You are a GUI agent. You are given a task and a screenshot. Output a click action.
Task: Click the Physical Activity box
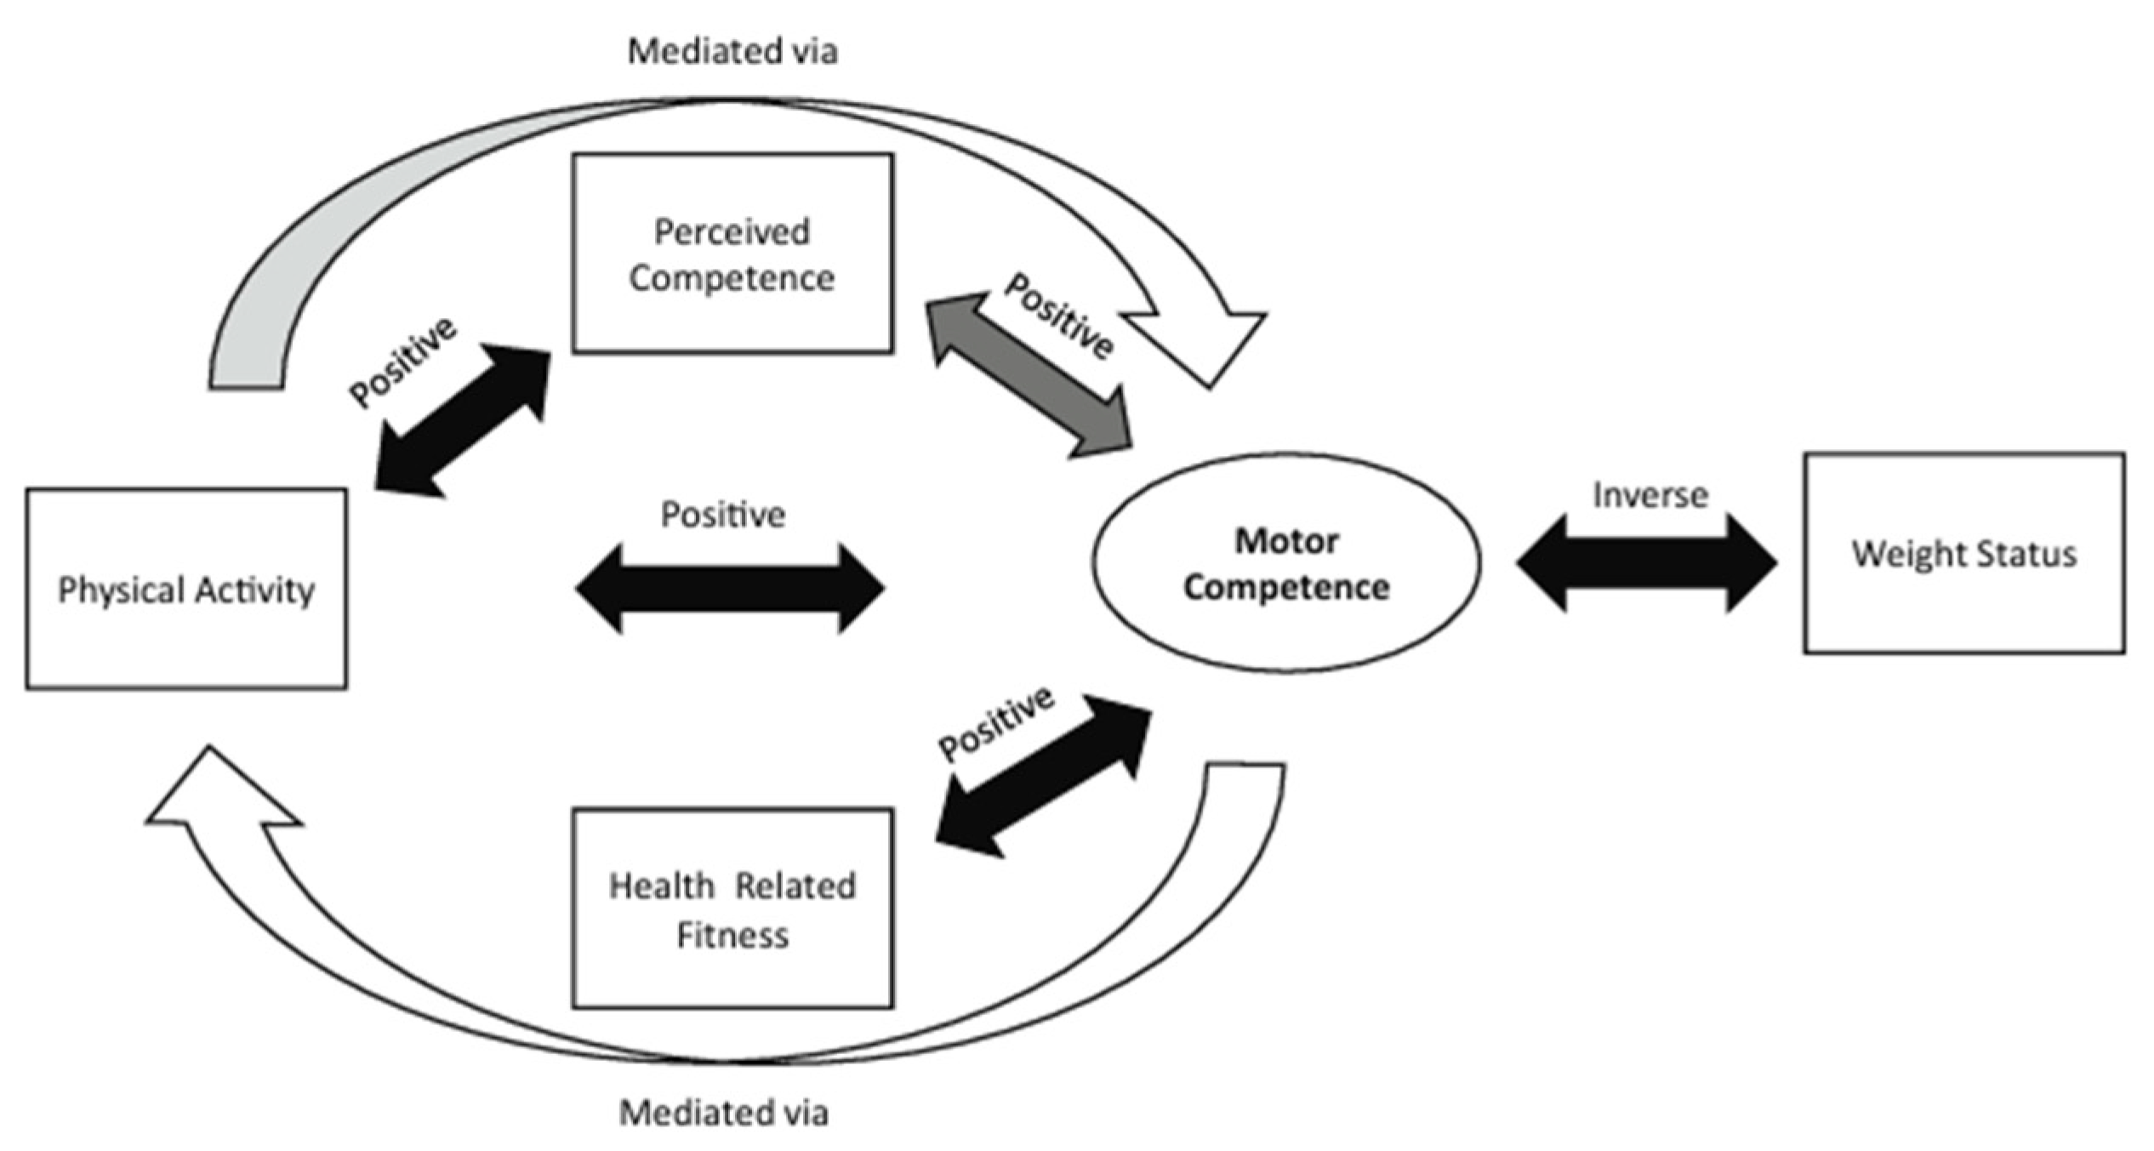pos(186,589)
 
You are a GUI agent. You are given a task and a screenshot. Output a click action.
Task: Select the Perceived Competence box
pos(732,254)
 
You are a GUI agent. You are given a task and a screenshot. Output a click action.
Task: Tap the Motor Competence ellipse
pos(1286,562)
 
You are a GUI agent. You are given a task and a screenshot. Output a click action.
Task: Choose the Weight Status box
pos(1964,554)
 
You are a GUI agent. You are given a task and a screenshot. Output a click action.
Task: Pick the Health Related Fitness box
pos(732,909)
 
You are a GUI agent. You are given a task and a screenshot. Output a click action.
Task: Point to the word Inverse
pos(1650,495)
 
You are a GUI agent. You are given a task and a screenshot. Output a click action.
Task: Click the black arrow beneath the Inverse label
pos(1646,562)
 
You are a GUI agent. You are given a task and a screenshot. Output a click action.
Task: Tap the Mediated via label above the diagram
pos(732,51)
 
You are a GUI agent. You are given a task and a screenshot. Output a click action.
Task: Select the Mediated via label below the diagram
pos(724,1113)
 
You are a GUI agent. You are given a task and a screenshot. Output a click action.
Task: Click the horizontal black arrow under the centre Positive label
pos(730,588)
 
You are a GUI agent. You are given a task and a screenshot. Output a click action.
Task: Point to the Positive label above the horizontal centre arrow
pos(723,515)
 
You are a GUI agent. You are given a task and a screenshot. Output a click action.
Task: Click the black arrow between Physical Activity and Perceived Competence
pos(462,420)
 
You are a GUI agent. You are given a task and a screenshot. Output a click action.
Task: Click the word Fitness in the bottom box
pos(732,936)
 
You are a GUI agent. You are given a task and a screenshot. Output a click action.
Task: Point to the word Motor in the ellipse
pos(1287,541)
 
